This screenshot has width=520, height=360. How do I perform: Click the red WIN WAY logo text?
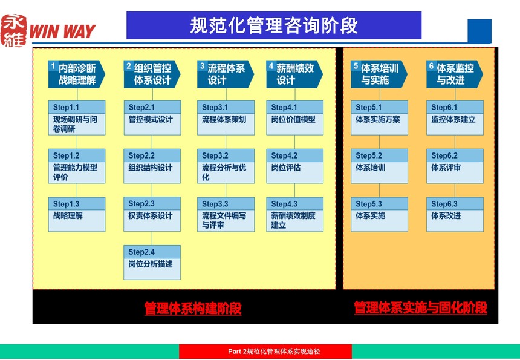coord(62,31)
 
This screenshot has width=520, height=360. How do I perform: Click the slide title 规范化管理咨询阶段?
coord(273,25)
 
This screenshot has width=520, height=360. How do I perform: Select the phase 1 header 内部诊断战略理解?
coord(77,74)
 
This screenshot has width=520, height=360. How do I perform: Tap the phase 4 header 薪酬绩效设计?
coord(294,74)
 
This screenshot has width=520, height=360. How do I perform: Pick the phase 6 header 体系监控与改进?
coord(455,74)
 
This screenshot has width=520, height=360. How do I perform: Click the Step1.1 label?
coord(66,107)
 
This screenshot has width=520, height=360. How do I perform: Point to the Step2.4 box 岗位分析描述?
coord(152,263)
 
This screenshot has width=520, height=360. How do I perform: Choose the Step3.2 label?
coord(215,155)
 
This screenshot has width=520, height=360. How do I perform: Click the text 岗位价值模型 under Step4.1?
coord(293,119)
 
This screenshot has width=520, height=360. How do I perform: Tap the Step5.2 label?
coord(369,155)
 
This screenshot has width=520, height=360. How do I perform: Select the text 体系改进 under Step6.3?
coord(446,215)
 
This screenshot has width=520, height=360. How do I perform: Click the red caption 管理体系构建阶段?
coord(193,308)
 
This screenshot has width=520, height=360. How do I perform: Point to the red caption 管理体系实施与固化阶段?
coord(420,307)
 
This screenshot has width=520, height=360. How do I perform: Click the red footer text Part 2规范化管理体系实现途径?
coord(274,352)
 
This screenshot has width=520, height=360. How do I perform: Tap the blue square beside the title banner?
coord(479,31)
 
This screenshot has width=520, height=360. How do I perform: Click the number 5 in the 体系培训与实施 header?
coord(356,66)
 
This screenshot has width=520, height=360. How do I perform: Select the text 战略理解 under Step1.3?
coord(68,215)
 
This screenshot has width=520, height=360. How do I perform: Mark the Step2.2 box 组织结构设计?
coord(152,166)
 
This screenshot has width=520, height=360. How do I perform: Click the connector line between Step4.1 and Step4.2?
coord(294,142)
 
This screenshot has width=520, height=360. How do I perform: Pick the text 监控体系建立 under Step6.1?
coord(453,119)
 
